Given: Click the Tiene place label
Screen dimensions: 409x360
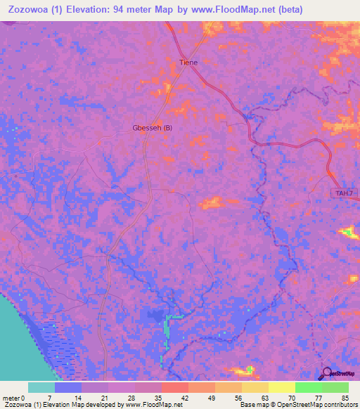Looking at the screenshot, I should click(x=188, y=63).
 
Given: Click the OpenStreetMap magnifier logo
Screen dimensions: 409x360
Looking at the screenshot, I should click(x=326, y=374).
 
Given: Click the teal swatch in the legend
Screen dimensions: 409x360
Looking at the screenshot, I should click(x=41, y=387).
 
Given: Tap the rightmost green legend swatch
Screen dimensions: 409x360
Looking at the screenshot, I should click(x=335, y=387).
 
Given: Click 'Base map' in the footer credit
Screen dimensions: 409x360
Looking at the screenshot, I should click(x=255, y=405).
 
